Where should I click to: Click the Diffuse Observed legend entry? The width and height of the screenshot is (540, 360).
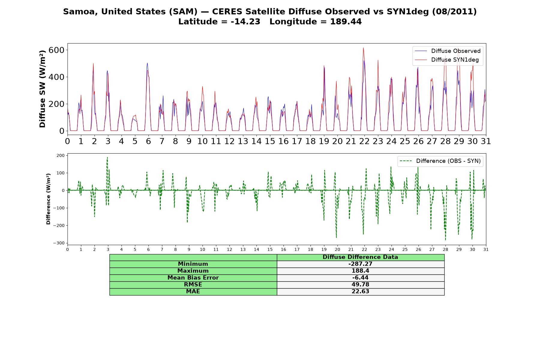click(448, 51)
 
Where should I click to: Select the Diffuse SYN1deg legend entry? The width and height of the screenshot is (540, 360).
click(447, 60)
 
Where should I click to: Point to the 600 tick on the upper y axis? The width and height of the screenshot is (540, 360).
click(56, 50)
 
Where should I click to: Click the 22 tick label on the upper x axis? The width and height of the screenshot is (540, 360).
click(364, 141)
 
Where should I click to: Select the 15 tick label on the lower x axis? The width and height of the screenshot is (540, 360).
click(270, 249)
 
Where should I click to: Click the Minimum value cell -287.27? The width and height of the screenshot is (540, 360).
click(360, 264)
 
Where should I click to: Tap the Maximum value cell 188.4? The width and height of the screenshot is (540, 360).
click(360, 271)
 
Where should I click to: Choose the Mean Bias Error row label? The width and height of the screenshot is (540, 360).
click(193, 278)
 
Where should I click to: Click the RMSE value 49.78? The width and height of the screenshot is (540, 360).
click(360, 285)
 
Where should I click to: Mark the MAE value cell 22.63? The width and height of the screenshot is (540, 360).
click(360, 292)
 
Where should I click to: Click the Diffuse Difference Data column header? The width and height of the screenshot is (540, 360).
click(360, 257)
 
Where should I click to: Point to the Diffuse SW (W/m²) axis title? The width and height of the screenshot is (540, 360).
click(43, 89)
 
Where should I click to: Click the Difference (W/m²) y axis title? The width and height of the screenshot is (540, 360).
click(48, 199)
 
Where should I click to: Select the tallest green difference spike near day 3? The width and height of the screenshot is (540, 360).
click(107, 157)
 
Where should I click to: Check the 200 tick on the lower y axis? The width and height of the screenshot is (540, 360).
click(61, 155)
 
